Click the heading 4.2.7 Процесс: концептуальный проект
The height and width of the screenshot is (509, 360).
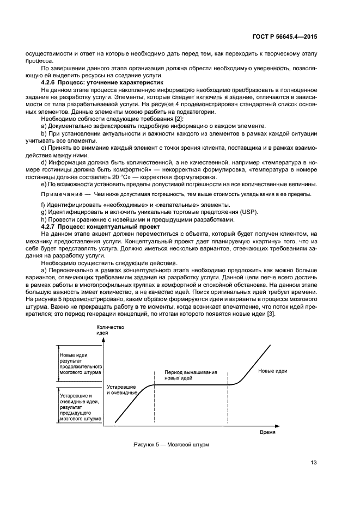click(x=100, y=226)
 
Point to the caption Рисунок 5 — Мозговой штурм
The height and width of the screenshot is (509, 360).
click(x=171, y=445)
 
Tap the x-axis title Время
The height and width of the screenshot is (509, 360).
click(x=267, y=431)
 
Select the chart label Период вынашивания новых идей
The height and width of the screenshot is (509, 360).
click(x=191, y=375)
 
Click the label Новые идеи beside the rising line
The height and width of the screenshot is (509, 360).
click(x=272, y=371)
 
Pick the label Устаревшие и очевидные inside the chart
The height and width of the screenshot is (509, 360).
click(x=121, y=389)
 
